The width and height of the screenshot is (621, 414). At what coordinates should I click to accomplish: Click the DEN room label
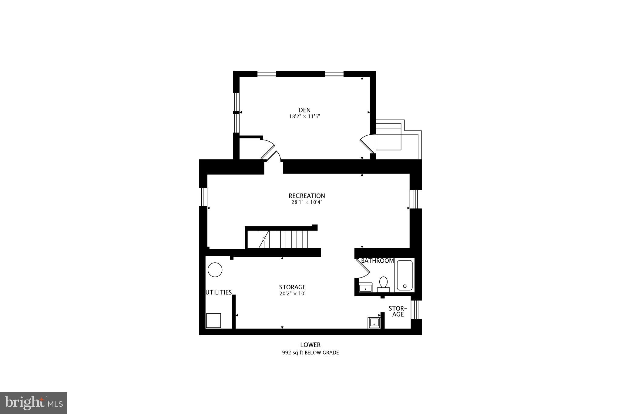304,110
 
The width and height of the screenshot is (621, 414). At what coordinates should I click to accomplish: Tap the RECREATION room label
307,196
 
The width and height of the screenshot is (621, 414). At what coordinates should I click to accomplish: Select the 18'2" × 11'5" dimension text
304,116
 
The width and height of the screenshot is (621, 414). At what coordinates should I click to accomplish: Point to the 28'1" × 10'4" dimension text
307,202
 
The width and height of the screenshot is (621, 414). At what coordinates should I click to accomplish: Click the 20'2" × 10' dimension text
292,294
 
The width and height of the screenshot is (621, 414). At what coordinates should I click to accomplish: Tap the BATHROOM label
377,261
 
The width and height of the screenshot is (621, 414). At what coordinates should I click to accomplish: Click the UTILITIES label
219,292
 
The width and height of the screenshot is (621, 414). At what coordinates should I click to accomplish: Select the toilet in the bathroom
383,283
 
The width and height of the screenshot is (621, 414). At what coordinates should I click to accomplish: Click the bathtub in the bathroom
404,275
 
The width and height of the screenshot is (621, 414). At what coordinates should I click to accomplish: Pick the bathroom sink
365,288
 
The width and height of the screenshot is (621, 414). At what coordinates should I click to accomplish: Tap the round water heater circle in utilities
215,270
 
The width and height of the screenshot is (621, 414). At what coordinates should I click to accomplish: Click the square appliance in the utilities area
213,320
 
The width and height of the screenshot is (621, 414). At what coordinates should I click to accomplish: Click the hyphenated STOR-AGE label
398,311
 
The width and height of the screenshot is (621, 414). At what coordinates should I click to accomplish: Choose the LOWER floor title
310,345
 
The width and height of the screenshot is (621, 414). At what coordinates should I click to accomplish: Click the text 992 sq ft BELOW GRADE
310,353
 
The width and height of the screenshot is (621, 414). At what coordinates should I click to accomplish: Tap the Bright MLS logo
34,403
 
